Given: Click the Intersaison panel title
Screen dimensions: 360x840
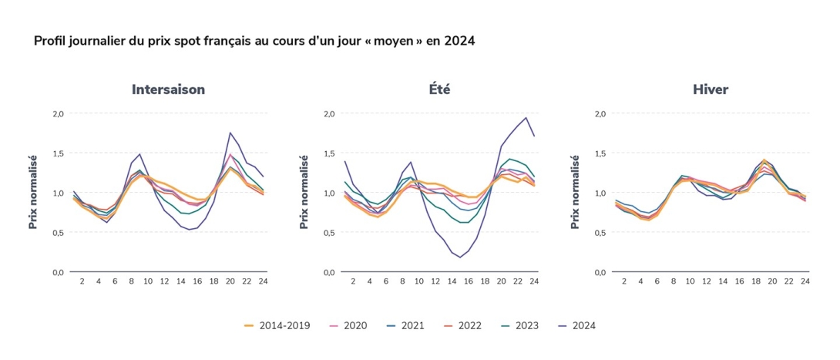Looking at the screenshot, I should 168,89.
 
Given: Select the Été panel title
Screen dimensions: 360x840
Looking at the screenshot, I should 439,89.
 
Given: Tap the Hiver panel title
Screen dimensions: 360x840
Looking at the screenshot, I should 710,89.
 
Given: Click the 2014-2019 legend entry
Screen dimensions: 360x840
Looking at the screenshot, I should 277,325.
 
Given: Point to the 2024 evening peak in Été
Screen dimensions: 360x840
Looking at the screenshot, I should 526,118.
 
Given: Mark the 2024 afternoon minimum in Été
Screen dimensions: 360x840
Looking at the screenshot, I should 460,257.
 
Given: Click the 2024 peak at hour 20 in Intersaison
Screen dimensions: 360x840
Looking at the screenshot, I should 230,133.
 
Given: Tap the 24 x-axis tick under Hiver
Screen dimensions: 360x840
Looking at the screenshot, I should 805,282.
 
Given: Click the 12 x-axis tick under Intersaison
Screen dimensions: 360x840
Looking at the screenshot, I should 164,282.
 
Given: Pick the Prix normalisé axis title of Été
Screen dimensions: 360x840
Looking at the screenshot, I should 305,192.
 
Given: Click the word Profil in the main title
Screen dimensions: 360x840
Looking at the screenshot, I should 49,40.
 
